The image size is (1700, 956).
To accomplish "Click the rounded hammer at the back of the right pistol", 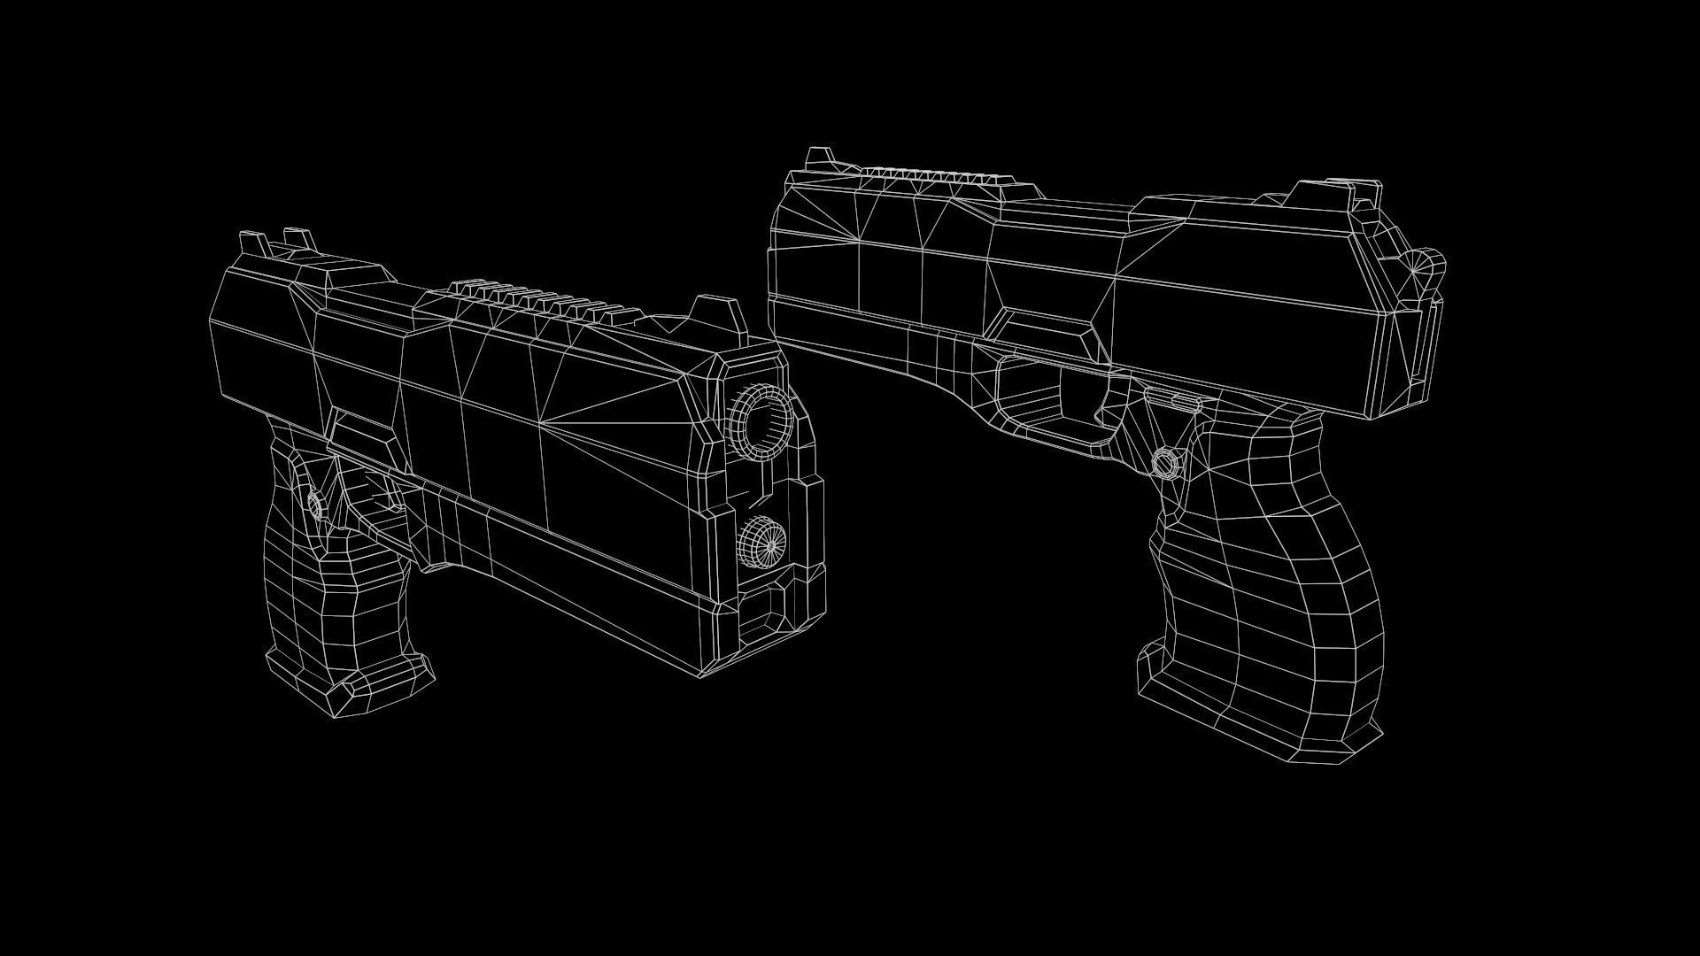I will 1426,263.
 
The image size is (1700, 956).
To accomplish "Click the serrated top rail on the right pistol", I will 939,178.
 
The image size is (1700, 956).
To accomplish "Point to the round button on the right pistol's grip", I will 1167,462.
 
